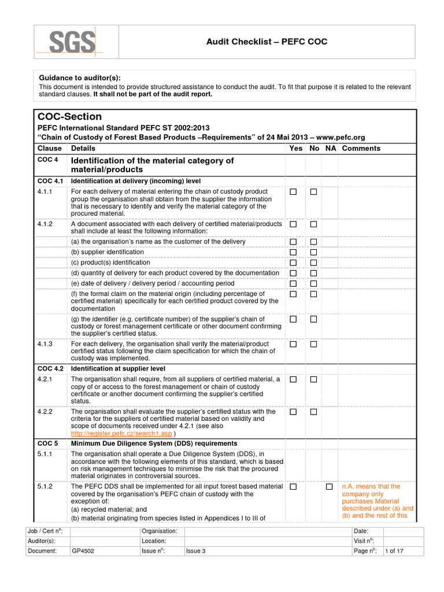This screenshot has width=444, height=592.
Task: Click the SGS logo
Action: pos(72,42)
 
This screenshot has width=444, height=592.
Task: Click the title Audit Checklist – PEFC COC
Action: pos(267,42)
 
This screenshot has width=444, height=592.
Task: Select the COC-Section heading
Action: pos(69,116)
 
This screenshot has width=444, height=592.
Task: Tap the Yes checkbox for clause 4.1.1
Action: pos(294,192)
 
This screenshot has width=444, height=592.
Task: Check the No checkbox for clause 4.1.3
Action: pos(313,345)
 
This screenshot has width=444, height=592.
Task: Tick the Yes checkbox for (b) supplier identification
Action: pos(294,252)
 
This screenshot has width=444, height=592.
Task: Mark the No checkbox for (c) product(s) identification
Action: pos(313,262)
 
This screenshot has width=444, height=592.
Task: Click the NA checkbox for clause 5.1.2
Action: pos(329,487)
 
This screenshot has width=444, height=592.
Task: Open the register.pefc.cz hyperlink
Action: pos(121,433)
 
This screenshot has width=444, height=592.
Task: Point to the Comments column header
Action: pos(361,149)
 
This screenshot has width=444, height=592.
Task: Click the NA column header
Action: pos(331,149)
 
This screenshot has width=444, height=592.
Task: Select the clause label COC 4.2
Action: pos(50,369)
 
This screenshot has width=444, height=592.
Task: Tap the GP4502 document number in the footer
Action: pos(83,551)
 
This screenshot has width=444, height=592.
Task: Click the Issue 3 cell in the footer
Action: pos(195,551)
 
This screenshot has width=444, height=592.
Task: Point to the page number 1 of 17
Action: pos(394,551)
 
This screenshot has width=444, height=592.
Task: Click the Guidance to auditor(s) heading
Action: pos(80,78)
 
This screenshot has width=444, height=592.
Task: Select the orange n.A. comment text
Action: pos(378,501)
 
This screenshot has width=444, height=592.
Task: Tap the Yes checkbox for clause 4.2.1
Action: pos(294,379)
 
